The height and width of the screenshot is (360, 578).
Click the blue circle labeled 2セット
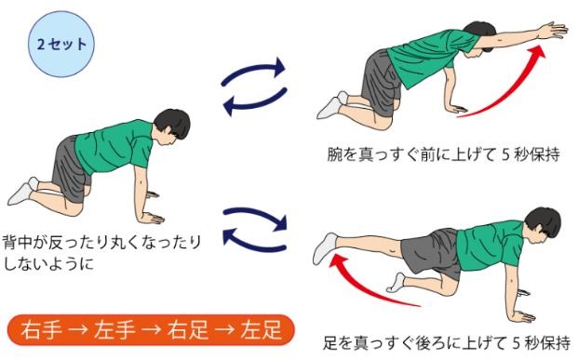pos(61,44)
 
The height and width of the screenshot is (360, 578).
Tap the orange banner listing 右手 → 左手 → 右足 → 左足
pos(151,328)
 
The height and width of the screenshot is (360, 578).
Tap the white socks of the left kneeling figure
pos(24,190)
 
